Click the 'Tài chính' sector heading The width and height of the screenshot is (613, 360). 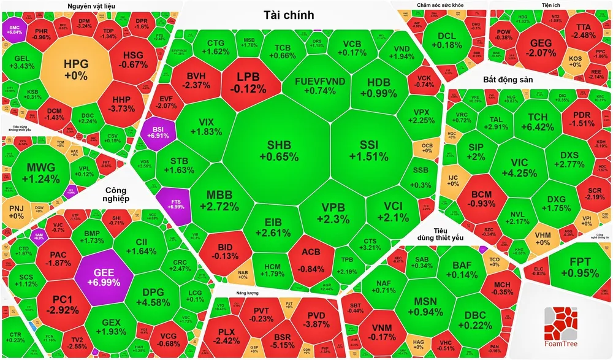pos(289,15)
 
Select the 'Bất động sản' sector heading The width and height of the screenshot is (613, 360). pos(508,80)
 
